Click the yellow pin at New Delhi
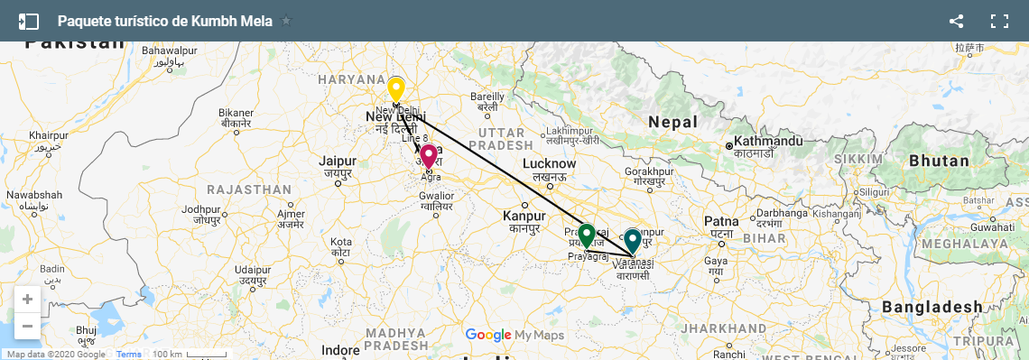tap(395, 90)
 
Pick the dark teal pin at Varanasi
tap(633, 241)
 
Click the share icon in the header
tap(957, 21)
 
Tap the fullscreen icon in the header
tap(999, 21)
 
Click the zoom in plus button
tap(28, 300)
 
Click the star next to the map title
tap(286, 21)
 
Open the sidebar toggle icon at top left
tap(29, 21)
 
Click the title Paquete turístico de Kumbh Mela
tap(164, 21)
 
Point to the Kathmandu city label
tap(768, 142)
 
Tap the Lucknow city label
tap(549, 164)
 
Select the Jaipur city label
tap(338, 162)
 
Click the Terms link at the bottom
tap(129, 355)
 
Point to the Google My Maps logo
tap(514, 336)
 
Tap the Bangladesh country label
tap(932, 307)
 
